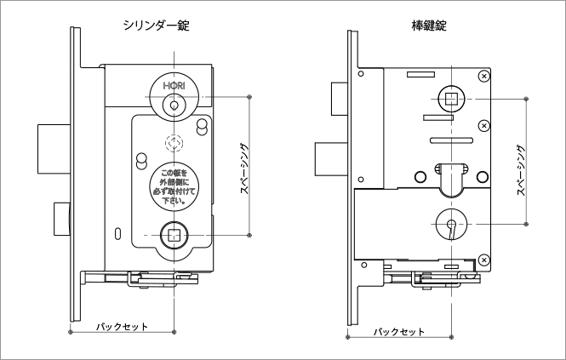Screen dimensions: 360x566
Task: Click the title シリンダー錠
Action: (156, 26)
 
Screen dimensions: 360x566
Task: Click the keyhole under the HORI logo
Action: (174, 105)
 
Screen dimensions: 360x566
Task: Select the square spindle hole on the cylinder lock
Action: (174, 233)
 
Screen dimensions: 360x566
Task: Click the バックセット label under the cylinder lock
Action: (122, 327)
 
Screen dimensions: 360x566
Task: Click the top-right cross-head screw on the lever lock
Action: (483, 77)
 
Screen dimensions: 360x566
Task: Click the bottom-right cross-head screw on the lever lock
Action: (483, 259)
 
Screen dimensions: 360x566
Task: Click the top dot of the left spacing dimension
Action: (248, 97)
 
